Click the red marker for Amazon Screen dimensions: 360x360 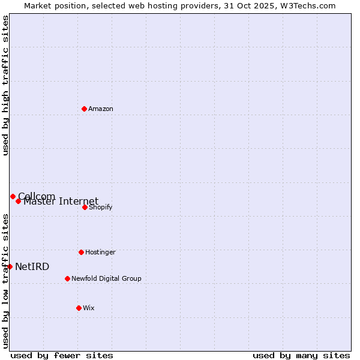coord(84,109)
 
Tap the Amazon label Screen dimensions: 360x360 coord(101,109)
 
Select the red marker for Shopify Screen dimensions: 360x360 coord(85,207)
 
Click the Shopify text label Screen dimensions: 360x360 coord(101,208)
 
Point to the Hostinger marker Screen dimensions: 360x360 coord(81,252)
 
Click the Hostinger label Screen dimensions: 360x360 coord(100,253)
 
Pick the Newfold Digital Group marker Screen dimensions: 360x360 coord(67,278)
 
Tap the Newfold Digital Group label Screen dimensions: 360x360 coord(106,279)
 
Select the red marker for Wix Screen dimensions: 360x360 coord(79,308)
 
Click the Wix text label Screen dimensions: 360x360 coord(89,308)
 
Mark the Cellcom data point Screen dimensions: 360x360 coord(13,196)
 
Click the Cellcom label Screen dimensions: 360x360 coord(37,196)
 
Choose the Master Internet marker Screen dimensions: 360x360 coord(19,201)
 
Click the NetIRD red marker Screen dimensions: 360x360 coord(10,266)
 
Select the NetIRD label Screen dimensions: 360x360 coord(32,267)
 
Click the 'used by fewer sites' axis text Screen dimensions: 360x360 coord(62,355)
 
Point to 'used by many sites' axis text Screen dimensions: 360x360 coord(301,355)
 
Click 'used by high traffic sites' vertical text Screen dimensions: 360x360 coord(5,85)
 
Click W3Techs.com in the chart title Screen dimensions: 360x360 coord(307,6)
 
